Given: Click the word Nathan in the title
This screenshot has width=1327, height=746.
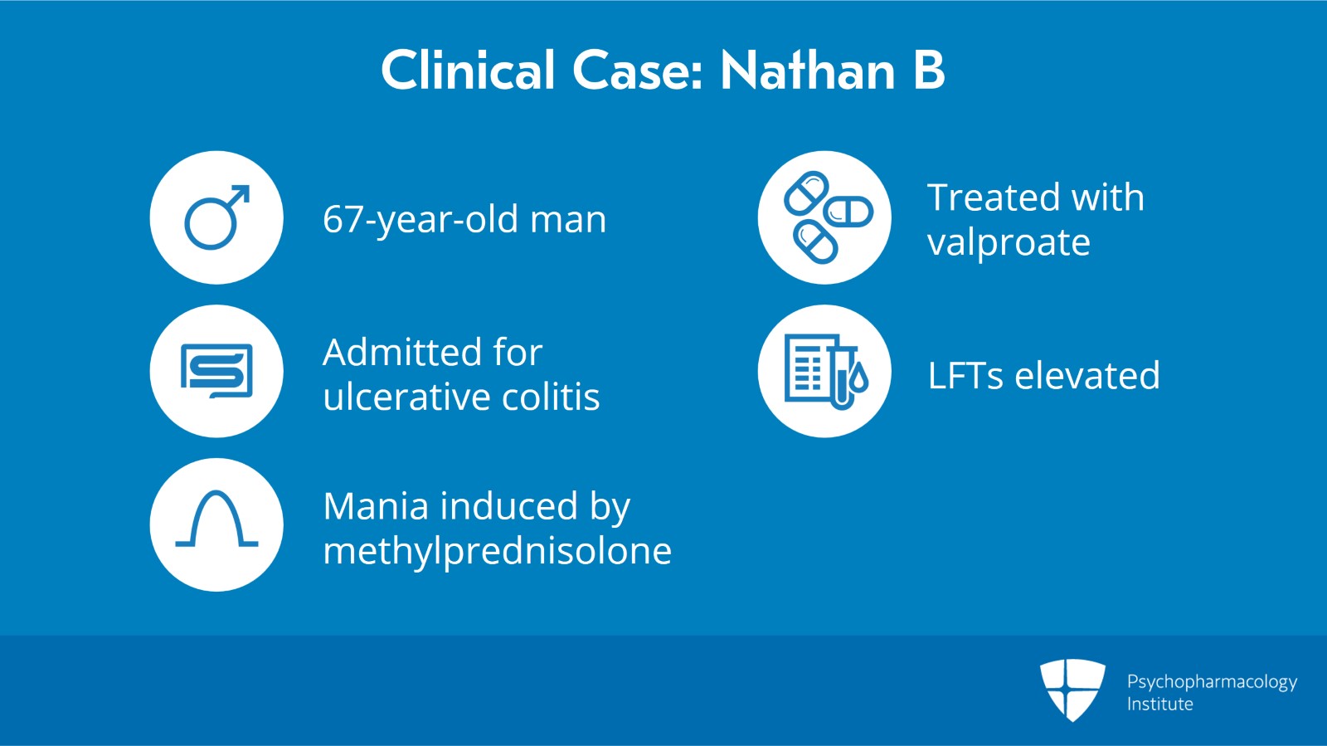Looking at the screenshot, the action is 808,71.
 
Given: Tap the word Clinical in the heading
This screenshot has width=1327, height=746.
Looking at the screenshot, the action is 469,71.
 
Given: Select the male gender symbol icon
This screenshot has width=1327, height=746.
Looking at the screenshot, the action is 217,217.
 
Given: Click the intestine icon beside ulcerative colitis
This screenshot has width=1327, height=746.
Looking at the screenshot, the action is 216,370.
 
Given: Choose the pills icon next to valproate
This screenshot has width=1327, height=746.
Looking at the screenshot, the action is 828,217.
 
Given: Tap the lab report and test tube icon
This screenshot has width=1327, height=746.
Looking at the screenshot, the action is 826,372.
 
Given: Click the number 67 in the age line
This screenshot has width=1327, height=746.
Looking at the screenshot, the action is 343,219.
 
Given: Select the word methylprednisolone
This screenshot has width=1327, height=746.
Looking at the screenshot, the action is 498,550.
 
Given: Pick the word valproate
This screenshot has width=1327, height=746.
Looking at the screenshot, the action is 1009,242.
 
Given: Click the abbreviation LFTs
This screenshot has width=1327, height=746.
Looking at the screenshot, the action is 965,376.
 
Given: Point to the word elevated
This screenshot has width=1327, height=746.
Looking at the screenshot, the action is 1087,375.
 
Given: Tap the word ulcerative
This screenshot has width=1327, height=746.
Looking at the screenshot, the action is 406,396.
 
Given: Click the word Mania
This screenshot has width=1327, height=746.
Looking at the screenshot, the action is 377,506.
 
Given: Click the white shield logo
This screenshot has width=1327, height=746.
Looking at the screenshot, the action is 1073,690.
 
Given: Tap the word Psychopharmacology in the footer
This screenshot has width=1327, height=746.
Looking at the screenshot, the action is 1212,682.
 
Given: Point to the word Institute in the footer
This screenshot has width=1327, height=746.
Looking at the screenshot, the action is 1160,704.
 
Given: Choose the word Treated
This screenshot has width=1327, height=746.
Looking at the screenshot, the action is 994,197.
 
